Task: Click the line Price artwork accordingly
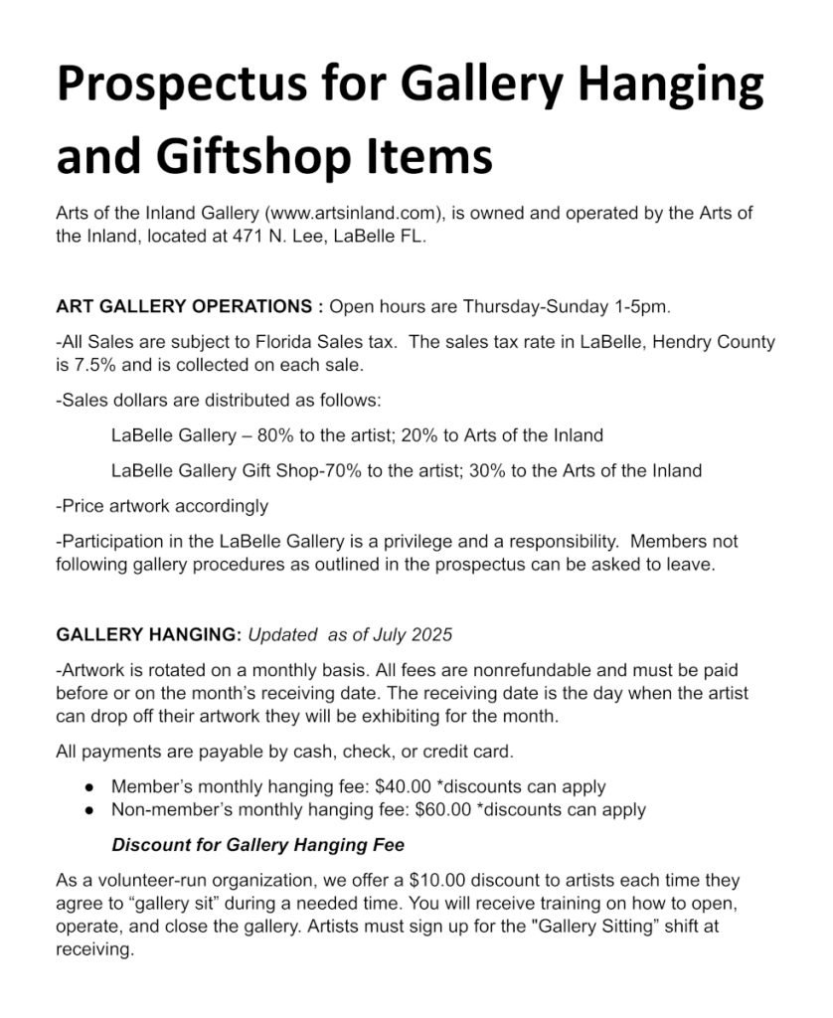(162, 506)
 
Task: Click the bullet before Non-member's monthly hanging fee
(89, 810)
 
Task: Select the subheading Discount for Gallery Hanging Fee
(257, 845)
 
